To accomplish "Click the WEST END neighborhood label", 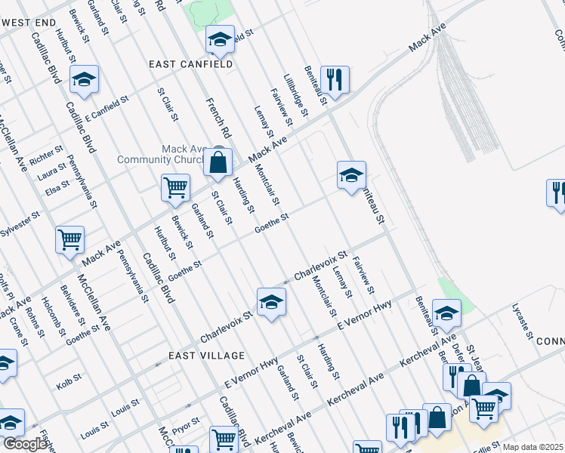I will point(29,23).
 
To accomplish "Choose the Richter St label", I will point(47,156).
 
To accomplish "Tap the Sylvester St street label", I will point(20,226).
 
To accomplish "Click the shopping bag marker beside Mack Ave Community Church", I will point(218,163).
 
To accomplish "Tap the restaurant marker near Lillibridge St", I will point(334,79).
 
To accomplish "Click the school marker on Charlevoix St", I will point(270,303).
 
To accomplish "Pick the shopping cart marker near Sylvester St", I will point(69,240).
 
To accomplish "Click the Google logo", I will point(25,445).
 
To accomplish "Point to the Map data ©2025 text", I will point(533,447).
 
